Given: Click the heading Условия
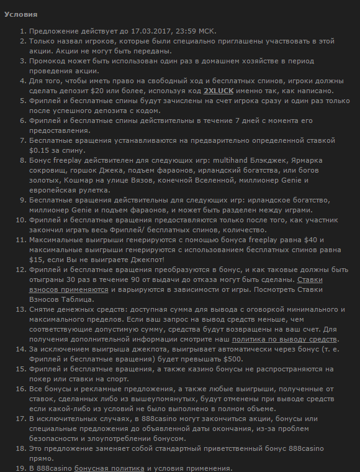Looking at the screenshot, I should (20, 14).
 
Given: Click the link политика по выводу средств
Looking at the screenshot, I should (285, 339).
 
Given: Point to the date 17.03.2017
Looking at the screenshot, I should (134, 31).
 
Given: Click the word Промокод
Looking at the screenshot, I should (50, 61).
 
